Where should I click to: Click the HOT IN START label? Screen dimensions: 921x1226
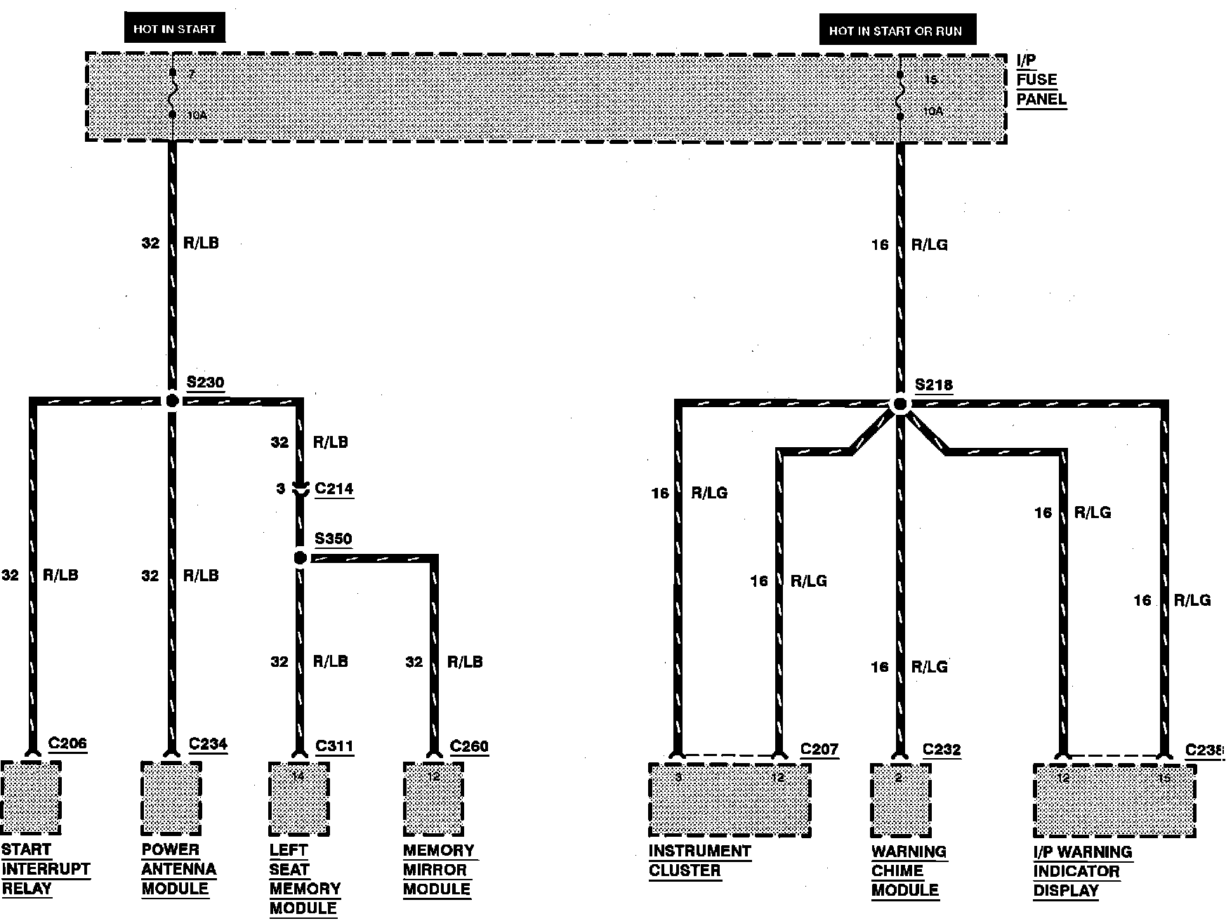pos(175,29)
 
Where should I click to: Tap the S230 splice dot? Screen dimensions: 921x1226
pos(171,401)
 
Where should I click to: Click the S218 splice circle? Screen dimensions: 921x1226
pos(899,404)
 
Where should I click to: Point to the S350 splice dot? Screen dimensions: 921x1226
pos(300,558)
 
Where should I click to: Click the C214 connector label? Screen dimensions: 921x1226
pos(334,489)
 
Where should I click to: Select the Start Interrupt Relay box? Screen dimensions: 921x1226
pos(31,798)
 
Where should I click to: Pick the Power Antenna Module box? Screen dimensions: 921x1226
pos(171,799)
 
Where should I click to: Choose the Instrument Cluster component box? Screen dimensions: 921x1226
pos(730,800)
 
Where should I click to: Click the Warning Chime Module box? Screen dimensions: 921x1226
pos(900,800)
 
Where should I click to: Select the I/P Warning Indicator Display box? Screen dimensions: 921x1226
pos(1114,801)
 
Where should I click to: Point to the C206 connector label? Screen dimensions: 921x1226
pos(67,743)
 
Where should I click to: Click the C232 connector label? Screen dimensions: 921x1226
pos(942,750)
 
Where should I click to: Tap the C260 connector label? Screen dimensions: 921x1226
pos(469,746)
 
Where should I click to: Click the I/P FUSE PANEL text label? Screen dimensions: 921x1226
pos(1041,80)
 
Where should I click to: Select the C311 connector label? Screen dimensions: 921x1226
pos(334,746)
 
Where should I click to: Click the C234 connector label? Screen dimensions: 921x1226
pos(208,744)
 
